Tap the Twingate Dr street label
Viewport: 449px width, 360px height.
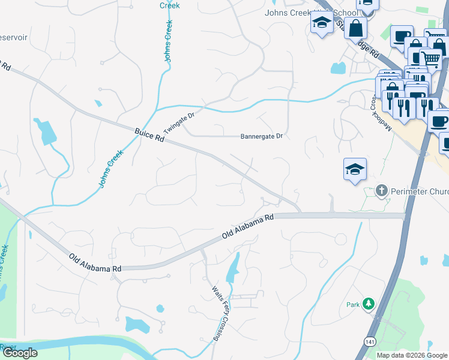click(x=180, y=124)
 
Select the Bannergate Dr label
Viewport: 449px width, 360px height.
click(x=261, y=136)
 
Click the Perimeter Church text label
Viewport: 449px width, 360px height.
click(x=420, y=192)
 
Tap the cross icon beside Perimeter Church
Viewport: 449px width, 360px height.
click(x=381, y=191)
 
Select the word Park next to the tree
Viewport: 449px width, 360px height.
click(x=353, y=305)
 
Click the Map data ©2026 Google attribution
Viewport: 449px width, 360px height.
click(x=411, y=355)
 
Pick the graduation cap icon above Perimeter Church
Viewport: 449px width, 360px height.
click(x=355, y=169)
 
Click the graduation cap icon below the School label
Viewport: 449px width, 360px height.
click(x=322, y=24)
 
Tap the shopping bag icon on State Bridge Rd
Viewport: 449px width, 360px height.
click(x=356, y=27)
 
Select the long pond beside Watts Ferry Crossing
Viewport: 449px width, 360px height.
click(x=232, y=269)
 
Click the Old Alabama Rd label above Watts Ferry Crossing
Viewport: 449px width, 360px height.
click(x=248, y=226)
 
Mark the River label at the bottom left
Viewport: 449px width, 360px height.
click(x=7, y=347)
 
